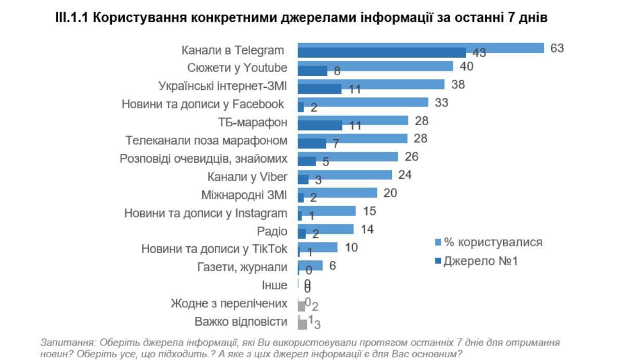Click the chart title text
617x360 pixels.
point(301,17)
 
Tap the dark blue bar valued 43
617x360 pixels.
point(382,53)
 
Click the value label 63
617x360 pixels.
point(557,48)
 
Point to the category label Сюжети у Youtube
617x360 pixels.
point(237,68)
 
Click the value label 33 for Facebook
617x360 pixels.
point(441,102)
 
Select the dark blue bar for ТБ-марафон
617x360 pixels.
point(320,125)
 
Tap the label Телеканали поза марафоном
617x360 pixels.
point(206,141)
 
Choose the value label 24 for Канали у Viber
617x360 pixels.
point(404,175)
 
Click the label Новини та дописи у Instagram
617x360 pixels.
point(205,213)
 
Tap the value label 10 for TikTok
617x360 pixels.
point(351,247)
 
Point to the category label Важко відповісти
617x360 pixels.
point(241,322)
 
